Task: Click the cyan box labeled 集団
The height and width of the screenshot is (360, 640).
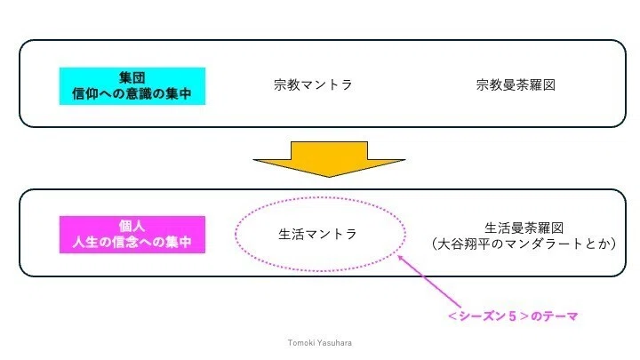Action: click(x=132, y=86)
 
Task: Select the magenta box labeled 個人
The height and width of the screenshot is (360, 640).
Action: click(x=132, y=235)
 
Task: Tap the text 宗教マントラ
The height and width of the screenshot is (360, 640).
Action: click(x=313, y=85)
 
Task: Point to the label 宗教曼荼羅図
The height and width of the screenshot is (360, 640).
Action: click(x=516, y=85)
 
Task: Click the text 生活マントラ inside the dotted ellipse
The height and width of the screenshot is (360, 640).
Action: click(x=317, y=235)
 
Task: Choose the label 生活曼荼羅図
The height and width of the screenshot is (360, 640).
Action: click(x=524, y=228)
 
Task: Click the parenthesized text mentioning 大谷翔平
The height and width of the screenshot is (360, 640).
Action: click(x=524, y=244)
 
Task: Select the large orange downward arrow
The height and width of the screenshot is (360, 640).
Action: click(x=329, y=159)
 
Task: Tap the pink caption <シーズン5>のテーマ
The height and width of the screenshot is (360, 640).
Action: click(x=513, y=316)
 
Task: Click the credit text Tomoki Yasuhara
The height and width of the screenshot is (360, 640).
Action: click(x=320, y=343)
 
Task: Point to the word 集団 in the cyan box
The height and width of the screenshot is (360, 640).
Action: click(x=132, y=77)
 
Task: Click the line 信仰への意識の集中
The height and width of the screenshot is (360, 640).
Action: click(x=132, y=94)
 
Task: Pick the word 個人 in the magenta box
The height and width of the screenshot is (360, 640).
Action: click(x=132, y=226)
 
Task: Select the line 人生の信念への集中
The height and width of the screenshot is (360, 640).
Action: click(x=132, y=242)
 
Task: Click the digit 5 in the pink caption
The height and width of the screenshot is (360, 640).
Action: click(x=513, y=316)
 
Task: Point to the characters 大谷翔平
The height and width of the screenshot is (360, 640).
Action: click(x=463, y=244)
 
